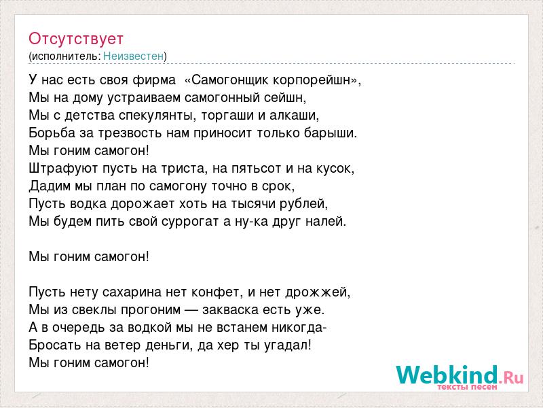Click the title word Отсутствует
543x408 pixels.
tap(76, 39)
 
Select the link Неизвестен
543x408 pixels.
tap(133, 56)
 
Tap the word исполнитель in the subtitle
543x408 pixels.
tap(66, 56)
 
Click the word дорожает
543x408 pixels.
tap(143, 203)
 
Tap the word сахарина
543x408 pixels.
tap(132, 292)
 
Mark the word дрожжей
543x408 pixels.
tap(318, 292)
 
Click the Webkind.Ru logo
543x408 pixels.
tap(460, 377)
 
